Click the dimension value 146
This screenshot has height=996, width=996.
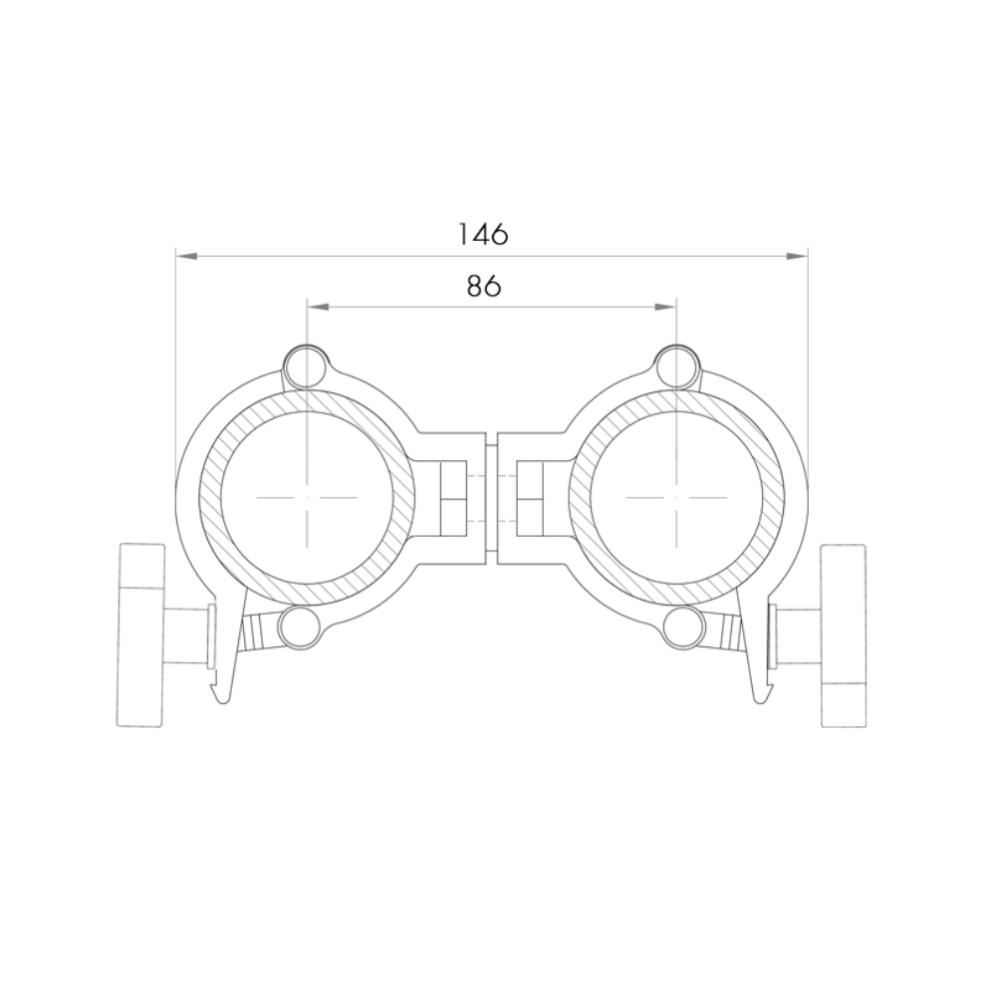[483, 234]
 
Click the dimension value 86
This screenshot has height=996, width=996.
[484, 287]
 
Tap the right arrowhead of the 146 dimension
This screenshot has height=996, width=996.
[797, 256]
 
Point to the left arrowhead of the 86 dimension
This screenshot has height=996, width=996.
[319, 308]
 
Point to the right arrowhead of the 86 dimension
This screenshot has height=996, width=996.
[664, 308]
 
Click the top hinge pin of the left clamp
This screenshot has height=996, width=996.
[306, 366]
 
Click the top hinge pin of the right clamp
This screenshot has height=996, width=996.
[676, 366]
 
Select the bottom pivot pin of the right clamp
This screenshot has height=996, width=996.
[683, 626]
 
